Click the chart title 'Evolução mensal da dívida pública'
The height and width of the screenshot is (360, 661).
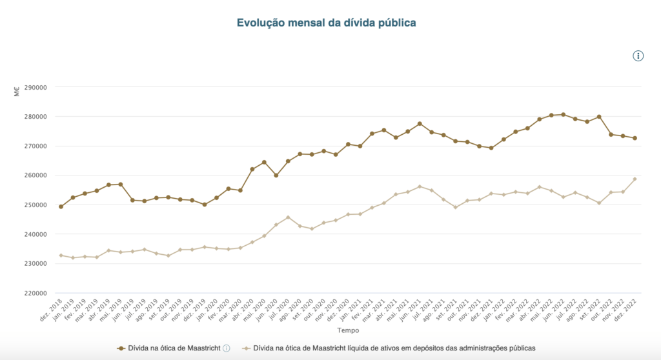click(x=326, y=23)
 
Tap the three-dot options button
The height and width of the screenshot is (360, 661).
click(x=638, y=56)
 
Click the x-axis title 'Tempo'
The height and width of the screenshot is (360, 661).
click(x=348, y=330)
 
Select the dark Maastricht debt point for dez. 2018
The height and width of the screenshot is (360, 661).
click(x=61, y=206)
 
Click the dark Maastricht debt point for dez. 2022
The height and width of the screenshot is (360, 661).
click(x=635, y=138)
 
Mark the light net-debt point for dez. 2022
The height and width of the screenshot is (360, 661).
click(x=635, y=179)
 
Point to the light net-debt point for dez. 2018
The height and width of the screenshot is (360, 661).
click(x=61, y=255)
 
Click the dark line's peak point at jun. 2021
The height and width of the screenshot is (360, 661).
click(x=420, y=124)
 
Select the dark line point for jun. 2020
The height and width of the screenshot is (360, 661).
click(x=276, y=175)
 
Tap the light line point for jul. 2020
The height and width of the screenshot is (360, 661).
click(x=288, y=217)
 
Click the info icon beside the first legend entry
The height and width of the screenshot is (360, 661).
click(x=227, y=348)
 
